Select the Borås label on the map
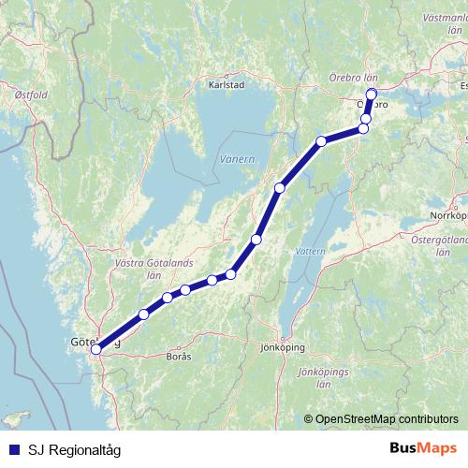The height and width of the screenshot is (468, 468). click(178, 357)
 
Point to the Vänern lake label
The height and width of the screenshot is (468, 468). click(237, 160)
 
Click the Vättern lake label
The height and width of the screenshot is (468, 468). click(308, 252)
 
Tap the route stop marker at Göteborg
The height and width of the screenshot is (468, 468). click(95, 349)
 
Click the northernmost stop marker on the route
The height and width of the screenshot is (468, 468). click(371, 93)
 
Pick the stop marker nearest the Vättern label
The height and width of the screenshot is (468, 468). click(256, 240)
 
